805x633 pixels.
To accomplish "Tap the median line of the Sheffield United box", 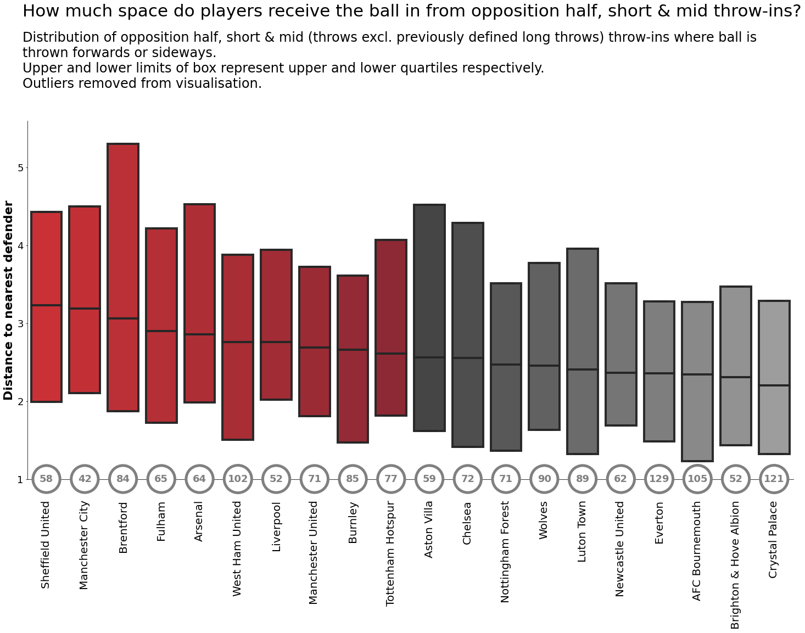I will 46,305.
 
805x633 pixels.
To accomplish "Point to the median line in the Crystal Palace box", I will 774,385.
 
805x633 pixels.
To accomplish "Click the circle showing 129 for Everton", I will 659,479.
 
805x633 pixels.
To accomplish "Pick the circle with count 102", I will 238,479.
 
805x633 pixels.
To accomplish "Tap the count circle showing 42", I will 85,479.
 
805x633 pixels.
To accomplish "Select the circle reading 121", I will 774,479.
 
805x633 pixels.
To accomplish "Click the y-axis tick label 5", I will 20,167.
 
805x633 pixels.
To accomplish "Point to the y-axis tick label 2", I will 20,401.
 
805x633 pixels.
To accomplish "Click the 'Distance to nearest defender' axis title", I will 8,300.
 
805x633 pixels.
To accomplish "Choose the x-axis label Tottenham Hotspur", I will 390,553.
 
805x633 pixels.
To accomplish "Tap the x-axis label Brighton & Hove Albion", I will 735,564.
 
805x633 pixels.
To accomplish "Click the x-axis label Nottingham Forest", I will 505,551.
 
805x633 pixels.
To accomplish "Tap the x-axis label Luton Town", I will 582,531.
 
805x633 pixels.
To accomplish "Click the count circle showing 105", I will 697,479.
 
